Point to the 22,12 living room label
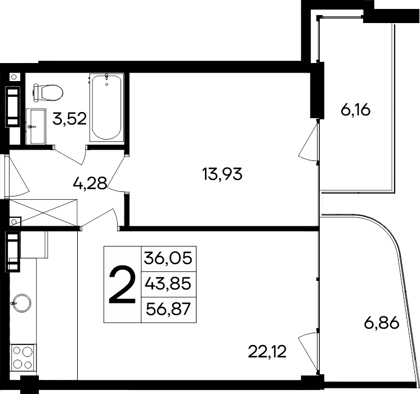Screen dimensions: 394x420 (267, 352)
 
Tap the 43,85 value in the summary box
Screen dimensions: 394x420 (168, 284)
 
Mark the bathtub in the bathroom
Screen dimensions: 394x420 (107, 108)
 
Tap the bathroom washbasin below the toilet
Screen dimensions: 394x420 (37, 127)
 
